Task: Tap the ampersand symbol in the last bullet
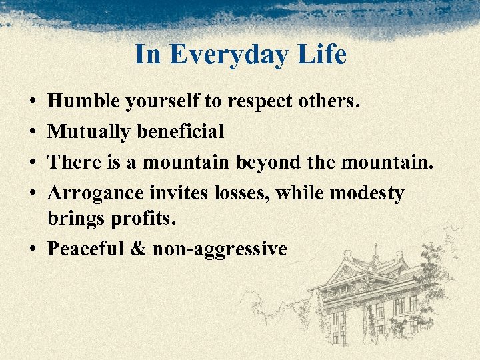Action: point(138,249)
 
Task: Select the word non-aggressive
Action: point(220,249)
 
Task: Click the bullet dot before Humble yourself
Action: point(33,102)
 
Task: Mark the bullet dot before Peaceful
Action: point(33,249)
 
